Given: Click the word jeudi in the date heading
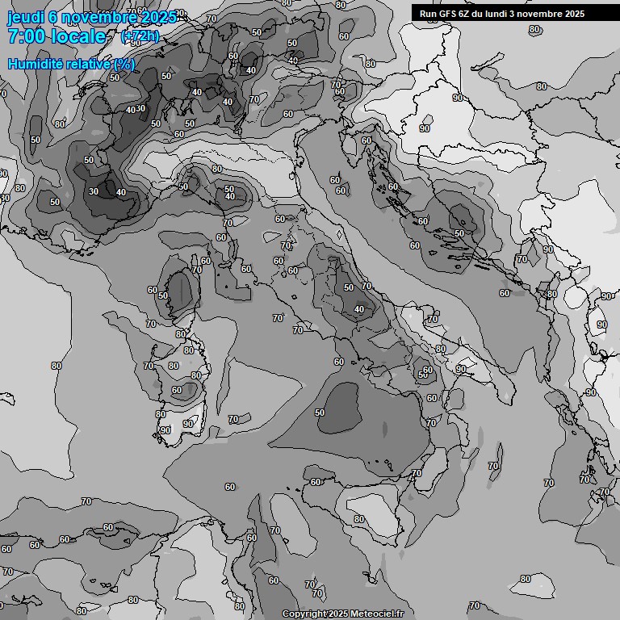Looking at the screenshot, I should [x=25, y=17].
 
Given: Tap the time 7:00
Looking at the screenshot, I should [x=25, y=36].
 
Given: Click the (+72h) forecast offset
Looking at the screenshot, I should [x=140, y=36].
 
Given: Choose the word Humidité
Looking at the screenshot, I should [x=32, y=64].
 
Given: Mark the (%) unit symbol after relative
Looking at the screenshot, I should [x=124, y=64].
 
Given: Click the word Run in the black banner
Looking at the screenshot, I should [x=428, y=14].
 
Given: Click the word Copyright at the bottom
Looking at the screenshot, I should [x=304, y=614].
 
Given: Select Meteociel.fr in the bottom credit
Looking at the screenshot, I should [x=377, y=614].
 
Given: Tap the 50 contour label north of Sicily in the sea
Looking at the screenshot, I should [x=320, y=413].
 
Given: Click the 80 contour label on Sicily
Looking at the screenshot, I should [x=359, y=520].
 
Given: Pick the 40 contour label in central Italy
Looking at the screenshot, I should [x=359, y=309].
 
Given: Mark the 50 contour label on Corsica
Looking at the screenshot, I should [x=163, y=295].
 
